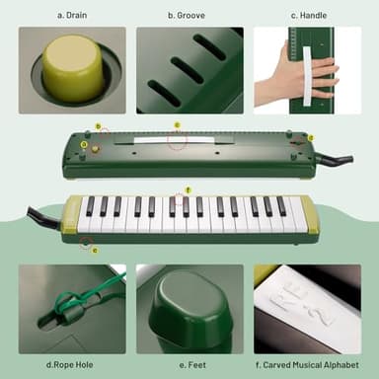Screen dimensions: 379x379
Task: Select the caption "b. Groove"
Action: [x=189, y=16]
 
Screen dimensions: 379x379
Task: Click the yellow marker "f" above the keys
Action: [x=189, y=189]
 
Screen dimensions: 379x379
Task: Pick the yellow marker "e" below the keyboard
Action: [x=94, y=249]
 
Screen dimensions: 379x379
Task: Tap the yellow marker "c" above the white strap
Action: [x=177, y=125]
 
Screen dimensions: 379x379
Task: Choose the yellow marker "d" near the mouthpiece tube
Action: [x=310, y=138]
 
